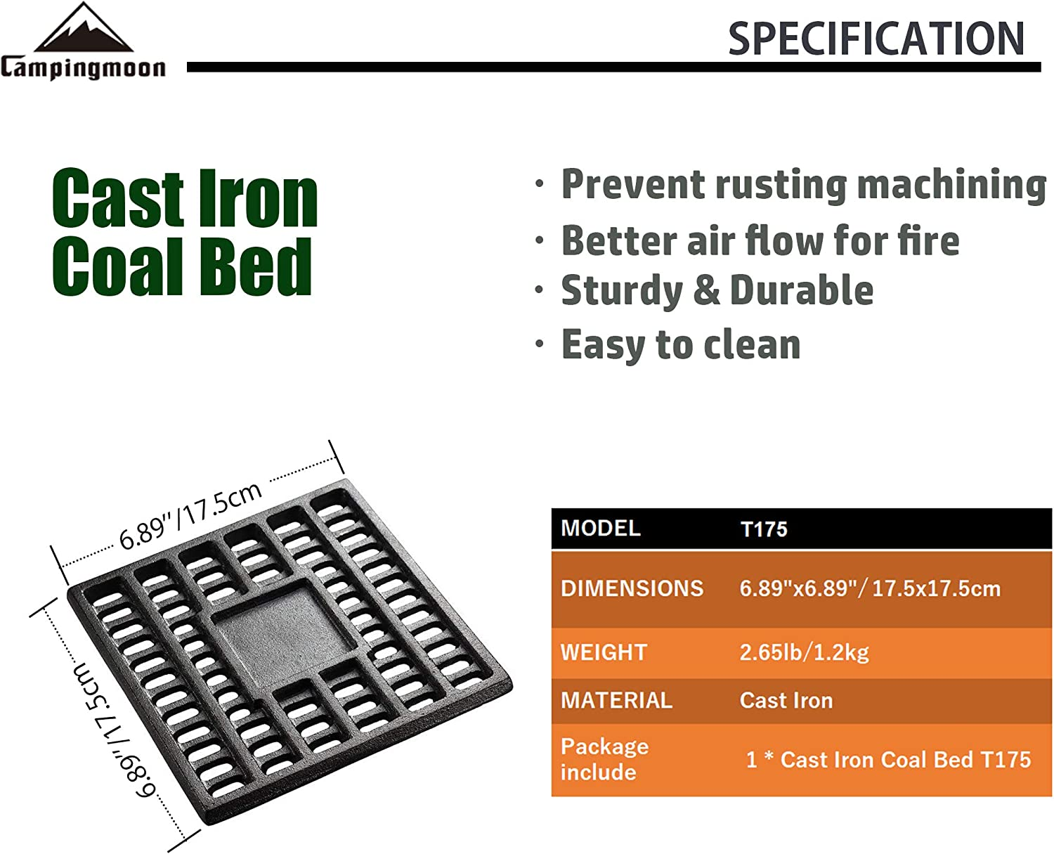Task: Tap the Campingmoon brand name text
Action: coord(83,68)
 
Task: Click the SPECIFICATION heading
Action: coord(876,39)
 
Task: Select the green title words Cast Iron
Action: coord(184,200)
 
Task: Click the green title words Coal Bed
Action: coord(181,266)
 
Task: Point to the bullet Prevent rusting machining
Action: coord(803,185)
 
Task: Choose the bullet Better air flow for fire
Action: coord(760,240)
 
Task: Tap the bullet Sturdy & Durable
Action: coord(717,290)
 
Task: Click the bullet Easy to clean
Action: coord(680,344)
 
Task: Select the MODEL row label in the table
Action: coord(601,528)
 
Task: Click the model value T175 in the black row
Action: coord(764,529)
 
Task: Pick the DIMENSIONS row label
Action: coord(632,588)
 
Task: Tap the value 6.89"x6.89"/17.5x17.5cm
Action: coord(870,588)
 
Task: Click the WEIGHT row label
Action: coord(604,652)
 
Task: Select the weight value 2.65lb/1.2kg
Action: coord(804,652)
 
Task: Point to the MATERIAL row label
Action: coord(616,701)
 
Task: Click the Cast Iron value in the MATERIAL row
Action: coord(786,701)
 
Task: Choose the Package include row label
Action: coord(604,759)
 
